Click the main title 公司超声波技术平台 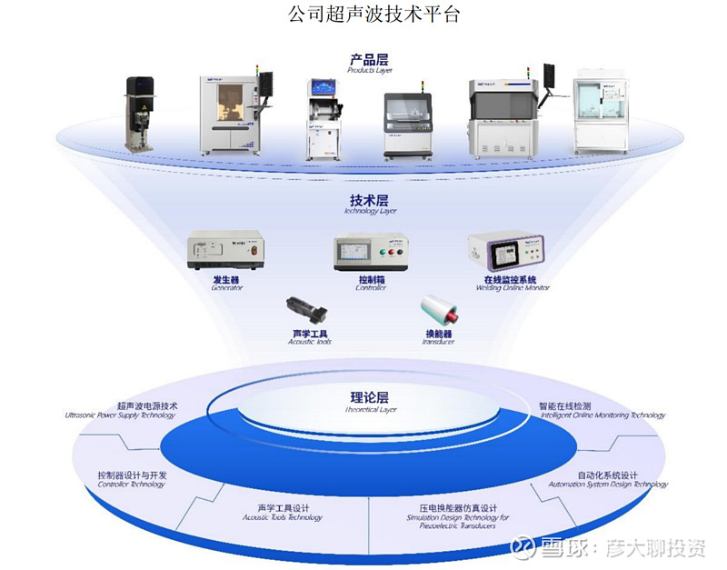pos(363,15)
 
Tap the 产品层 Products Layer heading pos(369,61)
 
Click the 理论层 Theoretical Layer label pos(369,399)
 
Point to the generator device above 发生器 pos(225,251)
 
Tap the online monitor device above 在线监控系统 pos(505,251)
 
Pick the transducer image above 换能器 pos(440,310)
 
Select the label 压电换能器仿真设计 pos(452,508)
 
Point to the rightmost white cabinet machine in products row pos(600,115)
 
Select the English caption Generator pos(226,288)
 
